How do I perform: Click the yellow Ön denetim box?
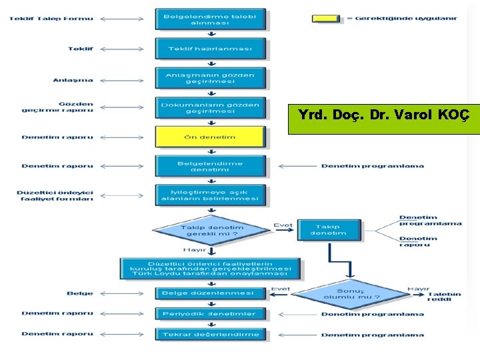[210, 137]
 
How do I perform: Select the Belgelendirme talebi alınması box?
[210, 19]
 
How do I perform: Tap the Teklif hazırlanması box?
[210, 49]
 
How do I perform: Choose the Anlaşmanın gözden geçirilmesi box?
[210, 79]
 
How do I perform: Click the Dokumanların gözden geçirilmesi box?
[210, 108]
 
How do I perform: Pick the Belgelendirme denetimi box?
[210, 166]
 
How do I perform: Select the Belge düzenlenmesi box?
[210, 293]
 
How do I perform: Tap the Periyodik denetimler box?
[210, 313]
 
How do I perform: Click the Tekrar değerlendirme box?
[210, 334]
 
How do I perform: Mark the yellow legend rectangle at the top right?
[327, 19]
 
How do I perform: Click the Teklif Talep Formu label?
[51, 19]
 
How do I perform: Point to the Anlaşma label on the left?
[73, 80]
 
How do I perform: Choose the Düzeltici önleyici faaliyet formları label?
[55, 195]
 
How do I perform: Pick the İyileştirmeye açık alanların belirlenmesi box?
[210, 195]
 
